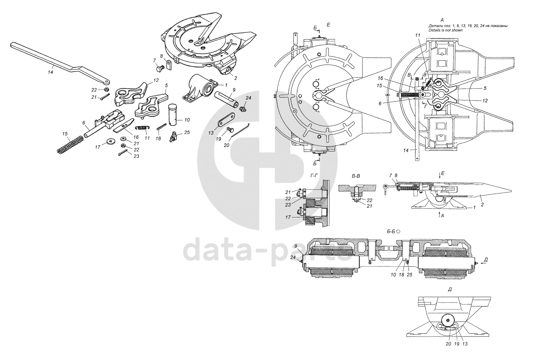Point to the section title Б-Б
(x=391, y=232)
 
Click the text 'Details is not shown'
(x=445, y=31)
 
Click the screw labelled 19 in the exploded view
(x=230, y=130)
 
